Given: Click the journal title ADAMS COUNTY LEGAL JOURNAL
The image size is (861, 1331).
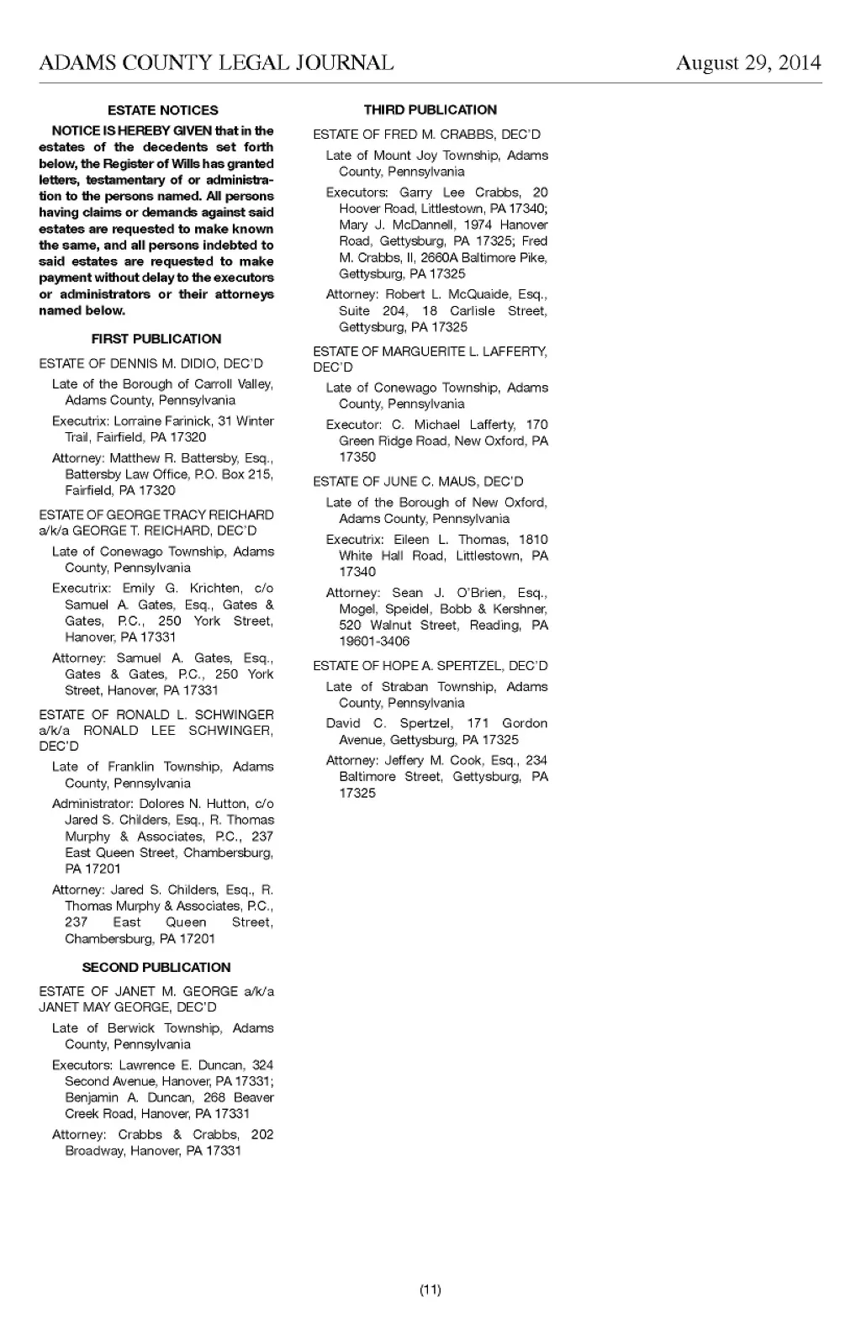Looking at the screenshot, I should click(x=216, y=63).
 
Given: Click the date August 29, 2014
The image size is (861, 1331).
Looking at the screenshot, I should click(x=748, y=63).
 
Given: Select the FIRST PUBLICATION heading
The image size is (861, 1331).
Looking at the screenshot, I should click(x=156, y=339).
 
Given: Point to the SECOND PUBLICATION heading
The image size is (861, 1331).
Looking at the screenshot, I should click(x=156, y=967).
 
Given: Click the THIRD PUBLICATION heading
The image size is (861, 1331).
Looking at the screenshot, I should click(x=430, y=109).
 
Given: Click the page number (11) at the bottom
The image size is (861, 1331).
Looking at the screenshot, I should click(x=430, y=1290).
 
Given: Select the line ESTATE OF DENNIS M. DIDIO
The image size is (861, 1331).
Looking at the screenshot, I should click(x=151, y=363).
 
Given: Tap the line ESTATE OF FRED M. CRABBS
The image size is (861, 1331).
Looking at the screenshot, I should click(x=426, y=135).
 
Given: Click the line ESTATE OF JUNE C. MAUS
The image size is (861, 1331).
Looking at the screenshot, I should click(x=418, y=482).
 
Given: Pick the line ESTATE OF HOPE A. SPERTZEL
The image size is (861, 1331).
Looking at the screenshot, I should click(x=430, y=666).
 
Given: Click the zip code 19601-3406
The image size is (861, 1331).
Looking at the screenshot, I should click(x=374, y=642).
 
